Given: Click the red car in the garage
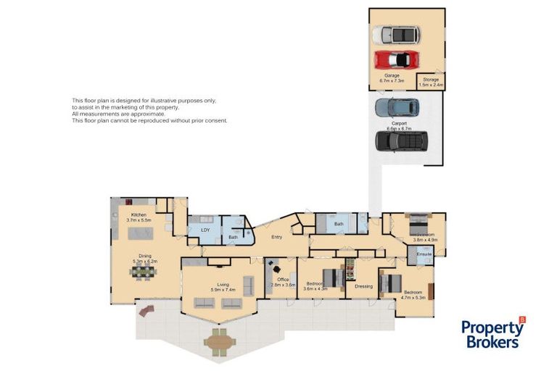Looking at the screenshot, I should [395, 58].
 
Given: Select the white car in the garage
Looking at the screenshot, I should [395, 34].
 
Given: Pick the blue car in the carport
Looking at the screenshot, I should [397, 107].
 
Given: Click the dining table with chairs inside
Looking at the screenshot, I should [142, 272].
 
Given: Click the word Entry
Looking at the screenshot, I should [276, 236].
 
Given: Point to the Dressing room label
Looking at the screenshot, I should [363, 286].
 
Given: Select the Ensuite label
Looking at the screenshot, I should [424, 254].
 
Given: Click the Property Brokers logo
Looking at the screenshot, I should [493, 334].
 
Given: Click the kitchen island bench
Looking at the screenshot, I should [139, 233].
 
